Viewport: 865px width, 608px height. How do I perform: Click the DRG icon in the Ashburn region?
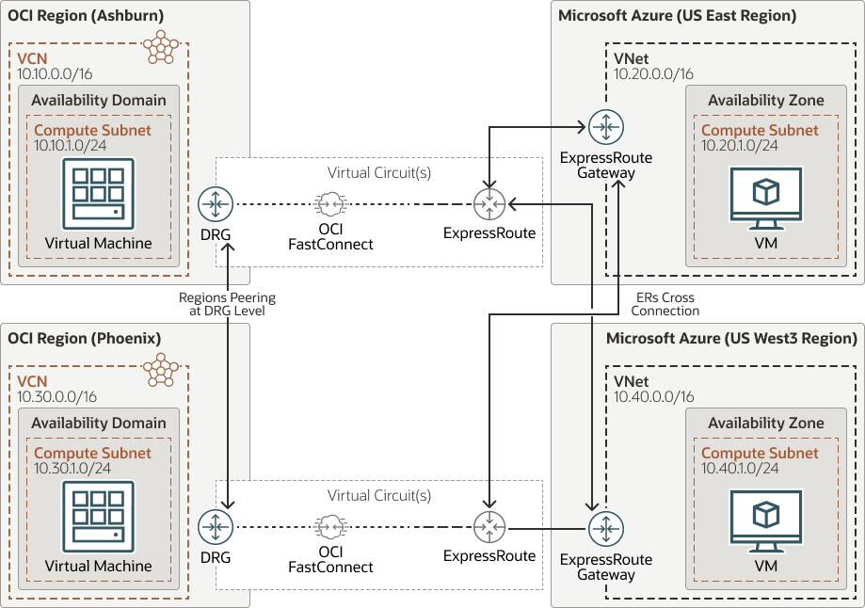[x=216, y=203]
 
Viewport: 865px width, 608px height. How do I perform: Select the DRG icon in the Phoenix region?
[x=216, y=526]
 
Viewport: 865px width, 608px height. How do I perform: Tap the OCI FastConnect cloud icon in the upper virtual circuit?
[x=329, y=203]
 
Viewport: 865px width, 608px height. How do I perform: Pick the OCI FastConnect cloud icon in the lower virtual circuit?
[x=329, y=526]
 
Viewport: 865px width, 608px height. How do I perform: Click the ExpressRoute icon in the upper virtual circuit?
[x=489, y=203]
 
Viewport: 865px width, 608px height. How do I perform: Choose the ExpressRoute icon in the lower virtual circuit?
[x=489, y=526]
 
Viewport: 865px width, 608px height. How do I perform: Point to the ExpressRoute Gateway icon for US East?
[x=605, y=126]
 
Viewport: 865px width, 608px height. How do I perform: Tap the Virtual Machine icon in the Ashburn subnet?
[x=98, y=194]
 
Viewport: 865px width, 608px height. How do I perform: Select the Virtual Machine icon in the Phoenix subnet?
[x=98, y=517]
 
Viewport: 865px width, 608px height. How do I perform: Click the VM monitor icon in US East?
[x=765, y=199]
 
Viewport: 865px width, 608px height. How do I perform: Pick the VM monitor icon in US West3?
[x=765, y=521]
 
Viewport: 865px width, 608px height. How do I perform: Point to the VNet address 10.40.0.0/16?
[x=653, y=397]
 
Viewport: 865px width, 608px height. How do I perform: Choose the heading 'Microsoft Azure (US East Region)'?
[x=677, y=15]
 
